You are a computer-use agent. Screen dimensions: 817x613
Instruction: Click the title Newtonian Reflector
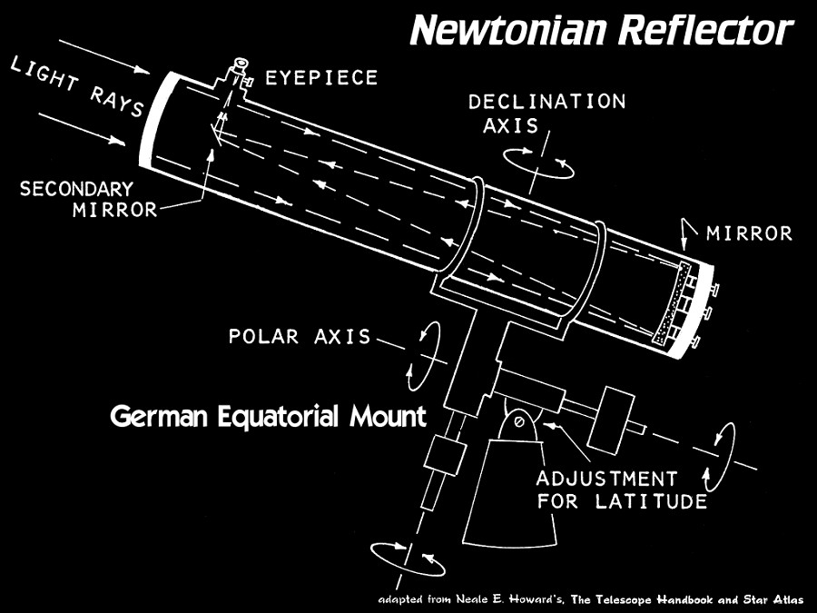(x=602, y=30)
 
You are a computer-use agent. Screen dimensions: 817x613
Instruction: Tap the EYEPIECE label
(x=321, y=78)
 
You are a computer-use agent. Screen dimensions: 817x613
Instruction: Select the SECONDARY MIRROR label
(x=89, y=199)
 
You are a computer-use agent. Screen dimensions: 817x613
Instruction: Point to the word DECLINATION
(x=546, y=102)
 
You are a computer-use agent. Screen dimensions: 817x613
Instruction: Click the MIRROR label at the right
(x=749, y=233)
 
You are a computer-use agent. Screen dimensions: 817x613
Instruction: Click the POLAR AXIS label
(x=300, y=336)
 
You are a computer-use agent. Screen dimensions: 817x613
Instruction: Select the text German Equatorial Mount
(x=269, y=417)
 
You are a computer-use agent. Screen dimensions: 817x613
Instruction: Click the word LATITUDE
(x=651, y=501)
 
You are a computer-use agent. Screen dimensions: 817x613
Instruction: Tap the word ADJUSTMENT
(x=606, y=478)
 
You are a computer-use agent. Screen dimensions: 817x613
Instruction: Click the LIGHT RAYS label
(x=77, y=86)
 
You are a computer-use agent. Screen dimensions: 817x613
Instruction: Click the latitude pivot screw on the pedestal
(x=519, y=421)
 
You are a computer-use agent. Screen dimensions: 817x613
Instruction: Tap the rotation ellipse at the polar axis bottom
(x=408, y=559)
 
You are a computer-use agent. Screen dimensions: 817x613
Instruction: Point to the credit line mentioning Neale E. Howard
(x=591, y=600)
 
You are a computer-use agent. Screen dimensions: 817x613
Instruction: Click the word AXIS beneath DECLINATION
(x=510, y=125)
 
